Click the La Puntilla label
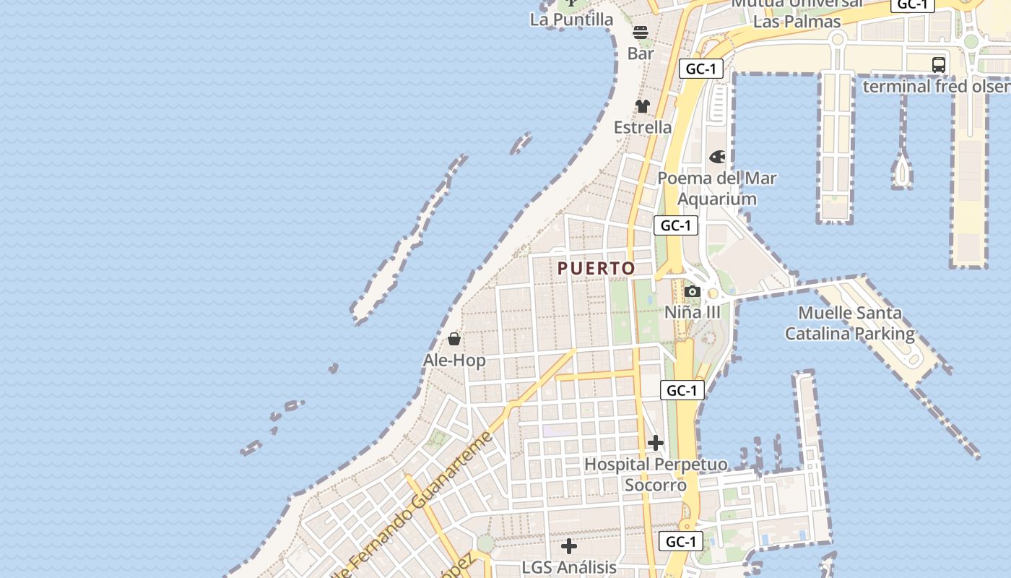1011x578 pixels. (x=571, y=20)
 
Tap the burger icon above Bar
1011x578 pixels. (x=641, y=33)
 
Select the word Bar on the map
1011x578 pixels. (x=641, y=53)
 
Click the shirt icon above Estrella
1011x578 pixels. (x=643, y=106)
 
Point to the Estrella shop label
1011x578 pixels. (x=643, y=127)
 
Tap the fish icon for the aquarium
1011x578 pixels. (x=717, y=157)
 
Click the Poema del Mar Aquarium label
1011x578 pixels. (x=717, y=188)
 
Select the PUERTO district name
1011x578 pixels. (x=596, y=269)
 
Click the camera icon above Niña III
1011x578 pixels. (x=693, y=291)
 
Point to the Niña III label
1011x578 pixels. (x=693, y=312)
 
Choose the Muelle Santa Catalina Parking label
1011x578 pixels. (x=850, y=323)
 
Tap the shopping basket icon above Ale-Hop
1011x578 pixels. (x=454, y=339)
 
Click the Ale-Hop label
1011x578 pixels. (x=454, y=360)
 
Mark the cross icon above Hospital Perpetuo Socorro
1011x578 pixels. (x=656, y=442)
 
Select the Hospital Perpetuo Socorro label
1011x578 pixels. (x=656, y=474)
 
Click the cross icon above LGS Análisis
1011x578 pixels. (x=569, y=546)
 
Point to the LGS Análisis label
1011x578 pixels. (x=569, y=567)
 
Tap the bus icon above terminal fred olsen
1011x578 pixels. (x=939, y=64)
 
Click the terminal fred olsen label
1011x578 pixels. (x=937, y=86)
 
